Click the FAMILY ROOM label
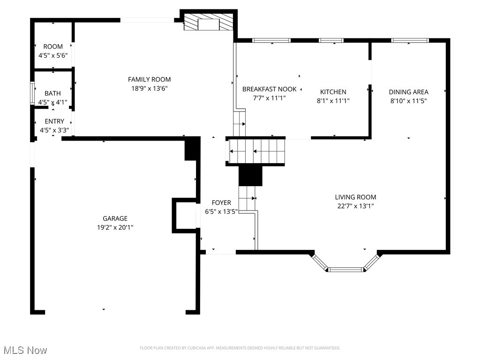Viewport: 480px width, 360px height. tap(149, 79)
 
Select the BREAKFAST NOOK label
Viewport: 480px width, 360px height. tap(269, 89)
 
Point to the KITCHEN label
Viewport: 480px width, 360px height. tap(333, 92)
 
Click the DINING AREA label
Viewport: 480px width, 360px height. tap(409, 92)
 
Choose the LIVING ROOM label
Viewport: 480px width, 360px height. tap(355, 197)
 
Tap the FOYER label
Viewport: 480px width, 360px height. tap(221, 202)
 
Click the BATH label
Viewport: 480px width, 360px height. tap(52, 93)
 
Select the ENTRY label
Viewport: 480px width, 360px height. tap(54, 121)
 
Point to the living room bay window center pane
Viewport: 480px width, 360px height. tap(346, 270)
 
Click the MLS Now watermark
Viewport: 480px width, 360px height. tap(25, 350)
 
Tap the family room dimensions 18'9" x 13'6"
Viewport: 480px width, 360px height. tap(149, 88)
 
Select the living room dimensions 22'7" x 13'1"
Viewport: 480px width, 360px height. tap(355, 206)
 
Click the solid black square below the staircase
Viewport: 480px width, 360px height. tap(251, 175)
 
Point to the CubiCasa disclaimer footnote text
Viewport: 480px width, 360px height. tap(240, 348)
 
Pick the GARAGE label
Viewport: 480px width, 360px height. tap(115, 218)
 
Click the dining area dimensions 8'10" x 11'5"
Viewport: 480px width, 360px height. tap(409, 100)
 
